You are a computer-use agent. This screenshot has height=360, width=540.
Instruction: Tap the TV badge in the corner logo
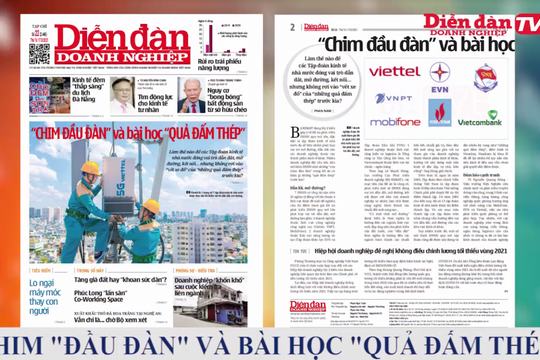point(525,23)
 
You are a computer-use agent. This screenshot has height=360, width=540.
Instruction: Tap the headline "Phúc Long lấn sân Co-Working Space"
point(120,304)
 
